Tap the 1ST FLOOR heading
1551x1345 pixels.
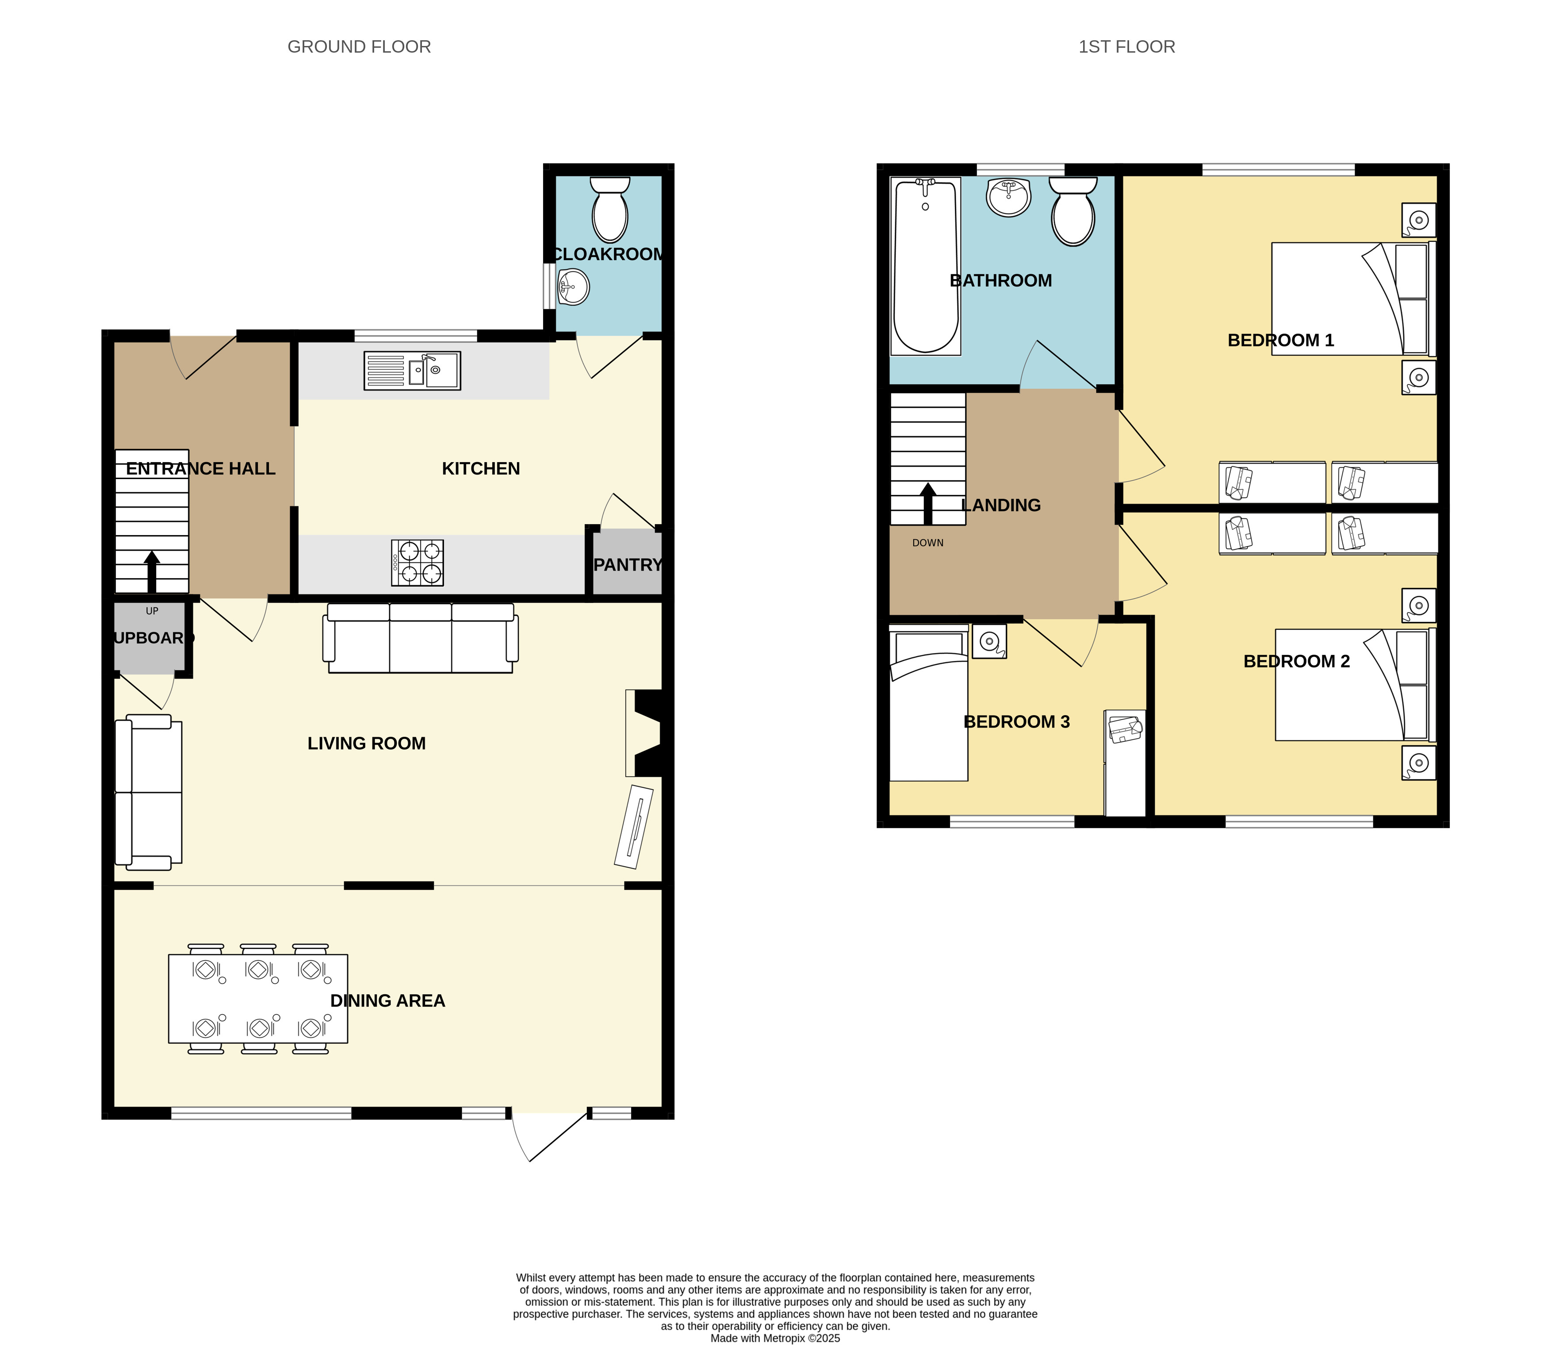click(x=1126, y=46)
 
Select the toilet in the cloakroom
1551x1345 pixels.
click(x=610, y=209)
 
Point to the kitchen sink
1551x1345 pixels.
click(x=412, y=371)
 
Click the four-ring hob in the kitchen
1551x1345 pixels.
click(x=417, y=563)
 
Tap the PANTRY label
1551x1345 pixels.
click(x=627, y=564)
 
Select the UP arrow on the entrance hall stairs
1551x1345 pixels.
click(x=152, y=572)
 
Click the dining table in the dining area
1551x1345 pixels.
click(x=258, y=998)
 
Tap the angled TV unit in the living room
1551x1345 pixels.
click(x=634, y=826)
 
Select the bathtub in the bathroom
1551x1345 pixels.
click(x=925, y=266)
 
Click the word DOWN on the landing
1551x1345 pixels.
click(x=928, y=543)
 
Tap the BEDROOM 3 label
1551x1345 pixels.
click(x=1017, y=722)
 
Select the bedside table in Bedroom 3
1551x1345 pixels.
click(x=989, y=641)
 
